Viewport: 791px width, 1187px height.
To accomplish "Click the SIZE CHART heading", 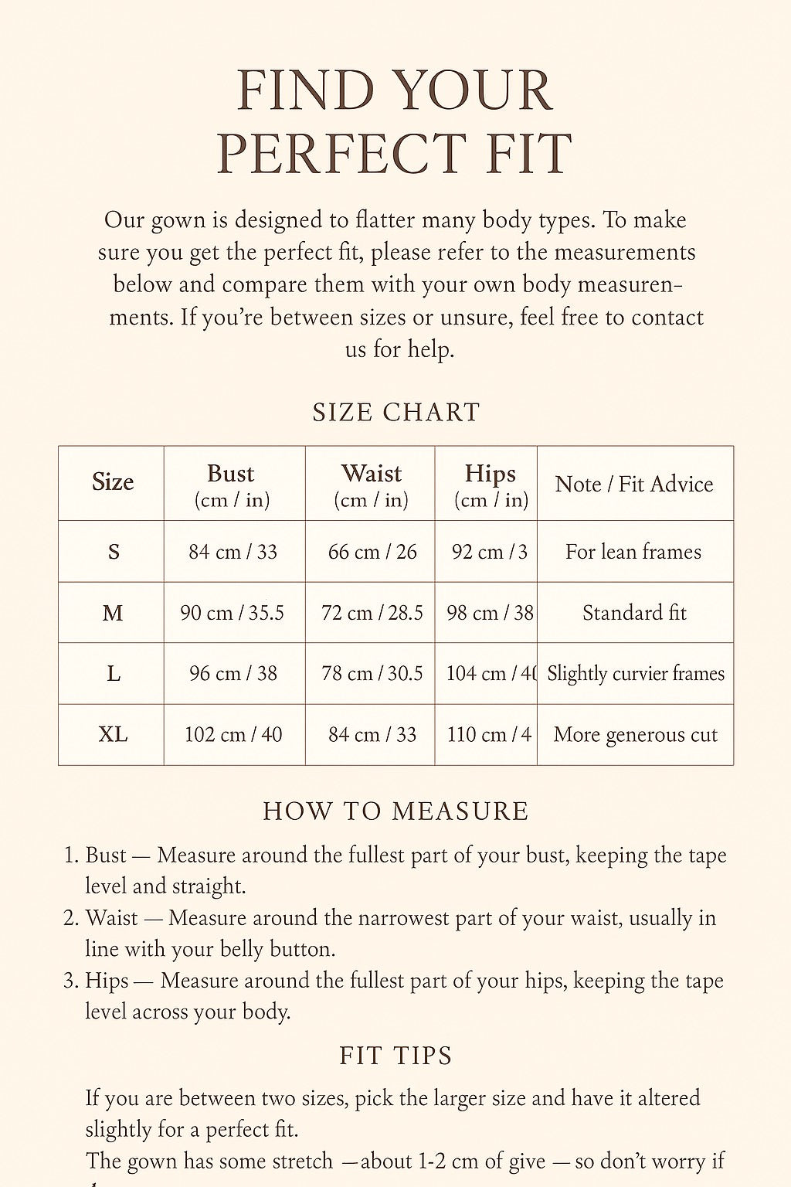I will point(395,412).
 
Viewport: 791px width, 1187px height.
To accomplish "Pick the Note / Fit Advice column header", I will point(634,484).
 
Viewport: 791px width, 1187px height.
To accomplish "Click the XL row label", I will point(113,734).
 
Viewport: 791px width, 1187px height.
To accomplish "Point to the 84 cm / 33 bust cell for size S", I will point(233,552).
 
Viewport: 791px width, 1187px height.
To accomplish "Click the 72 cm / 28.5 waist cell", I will point(372,613).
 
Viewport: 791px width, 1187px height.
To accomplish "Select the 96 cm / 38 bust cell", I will point(233,673).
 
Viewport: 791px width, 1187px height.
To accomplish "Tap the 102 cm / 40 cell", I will point(233,734).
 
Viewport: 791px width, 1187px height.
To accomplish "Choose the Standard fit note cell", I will point(634,613).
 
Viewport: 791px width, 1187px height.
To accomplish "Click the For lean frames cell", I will point(633,552).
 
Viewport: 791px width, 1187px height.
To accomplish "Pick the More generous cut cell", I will point(635,734).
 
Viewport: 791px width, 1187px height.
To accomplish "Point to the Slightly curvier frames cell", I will point(635,673).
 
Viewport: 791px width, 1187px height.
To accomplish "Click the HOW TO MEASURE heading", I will point(395,811).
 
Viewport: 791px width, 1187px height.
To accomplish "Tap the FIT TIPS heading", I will point(395,1056).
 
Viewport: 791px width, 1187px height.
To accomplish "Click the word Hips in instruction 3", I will point(107,981).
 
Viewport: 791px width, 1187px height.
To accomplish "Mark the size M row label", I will point(113,613).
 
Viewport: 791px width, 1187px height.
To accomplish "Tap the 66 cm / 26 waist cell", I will point(372,552).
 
